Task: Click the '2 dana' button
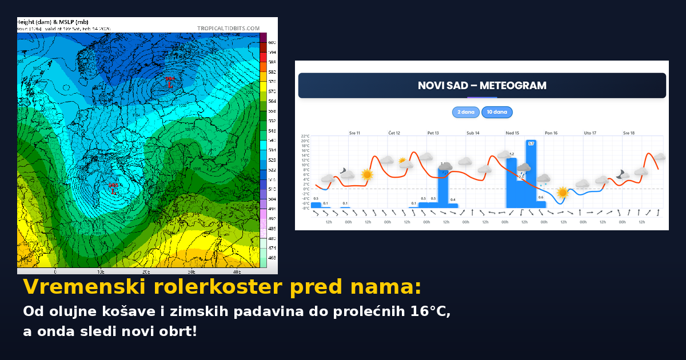tap(466, 112)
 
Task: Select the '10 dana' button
tap(497, 112)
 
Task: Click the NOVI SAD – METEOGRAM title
tap(482, 86)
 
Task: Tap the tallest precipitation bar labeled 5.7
tap(531, 174)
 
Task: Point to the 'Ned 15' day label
tap(512, 133)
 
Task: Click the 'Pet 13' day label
tap(433, 133)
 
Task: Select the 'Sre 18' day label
tap(628, 133)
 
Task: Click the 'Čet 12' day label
tap(394, 133)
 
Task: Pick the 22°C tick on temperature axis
tap(305, 137)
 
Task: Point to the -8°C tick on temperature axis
tap(305, 208)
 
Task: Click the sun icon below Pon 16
tap(563, 193)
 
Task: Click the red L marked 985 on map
tap(113, 189)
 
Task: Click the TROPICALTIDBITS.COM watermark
tap(228, 28)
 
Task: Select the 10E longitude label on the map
tap(100, 271)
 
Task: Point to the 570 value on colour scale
tap(272, 91)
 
